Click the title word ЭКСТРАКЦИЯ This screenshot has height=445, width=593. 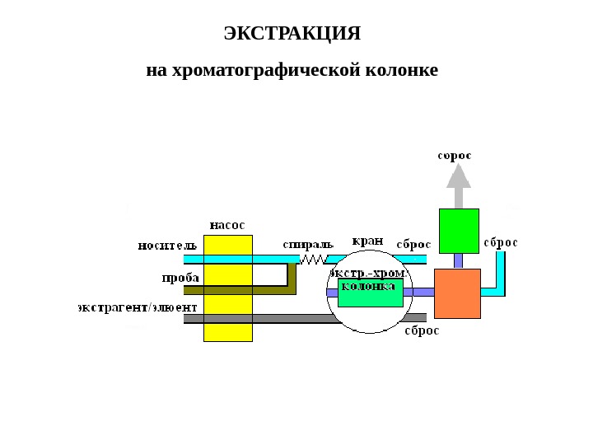point(292,34)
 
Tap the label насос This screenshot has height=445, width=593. point(227,224)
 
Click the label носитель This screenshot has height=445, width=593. point(167,245)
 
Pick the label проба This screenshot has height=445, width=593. point(180,278)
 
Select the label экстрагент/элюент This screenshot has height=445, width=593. point(138,307)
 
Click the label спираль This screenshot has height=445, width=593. point(308,244)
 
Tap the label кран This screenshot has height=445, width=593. point(367,241)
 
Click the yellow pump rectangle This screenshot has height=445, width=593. point(228,288)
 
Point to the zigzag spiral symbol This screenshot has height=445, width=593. point(313,259)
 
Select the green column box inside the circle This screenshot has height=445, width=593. point(370,293)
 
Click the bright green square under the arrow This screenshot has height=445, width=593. point(459,231)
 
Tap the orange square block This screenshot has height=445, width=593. point(457,293)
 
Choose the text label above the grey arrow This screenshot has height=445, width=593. point(455,155)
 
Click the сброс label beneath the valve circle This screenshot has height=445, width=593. point(422,330)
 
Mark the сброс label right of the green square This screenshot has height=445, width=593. point(501,242)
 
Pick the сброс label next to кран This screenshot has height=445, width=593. point(413,244)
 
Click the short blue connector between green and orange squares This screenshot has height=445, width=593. point(459,260)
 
